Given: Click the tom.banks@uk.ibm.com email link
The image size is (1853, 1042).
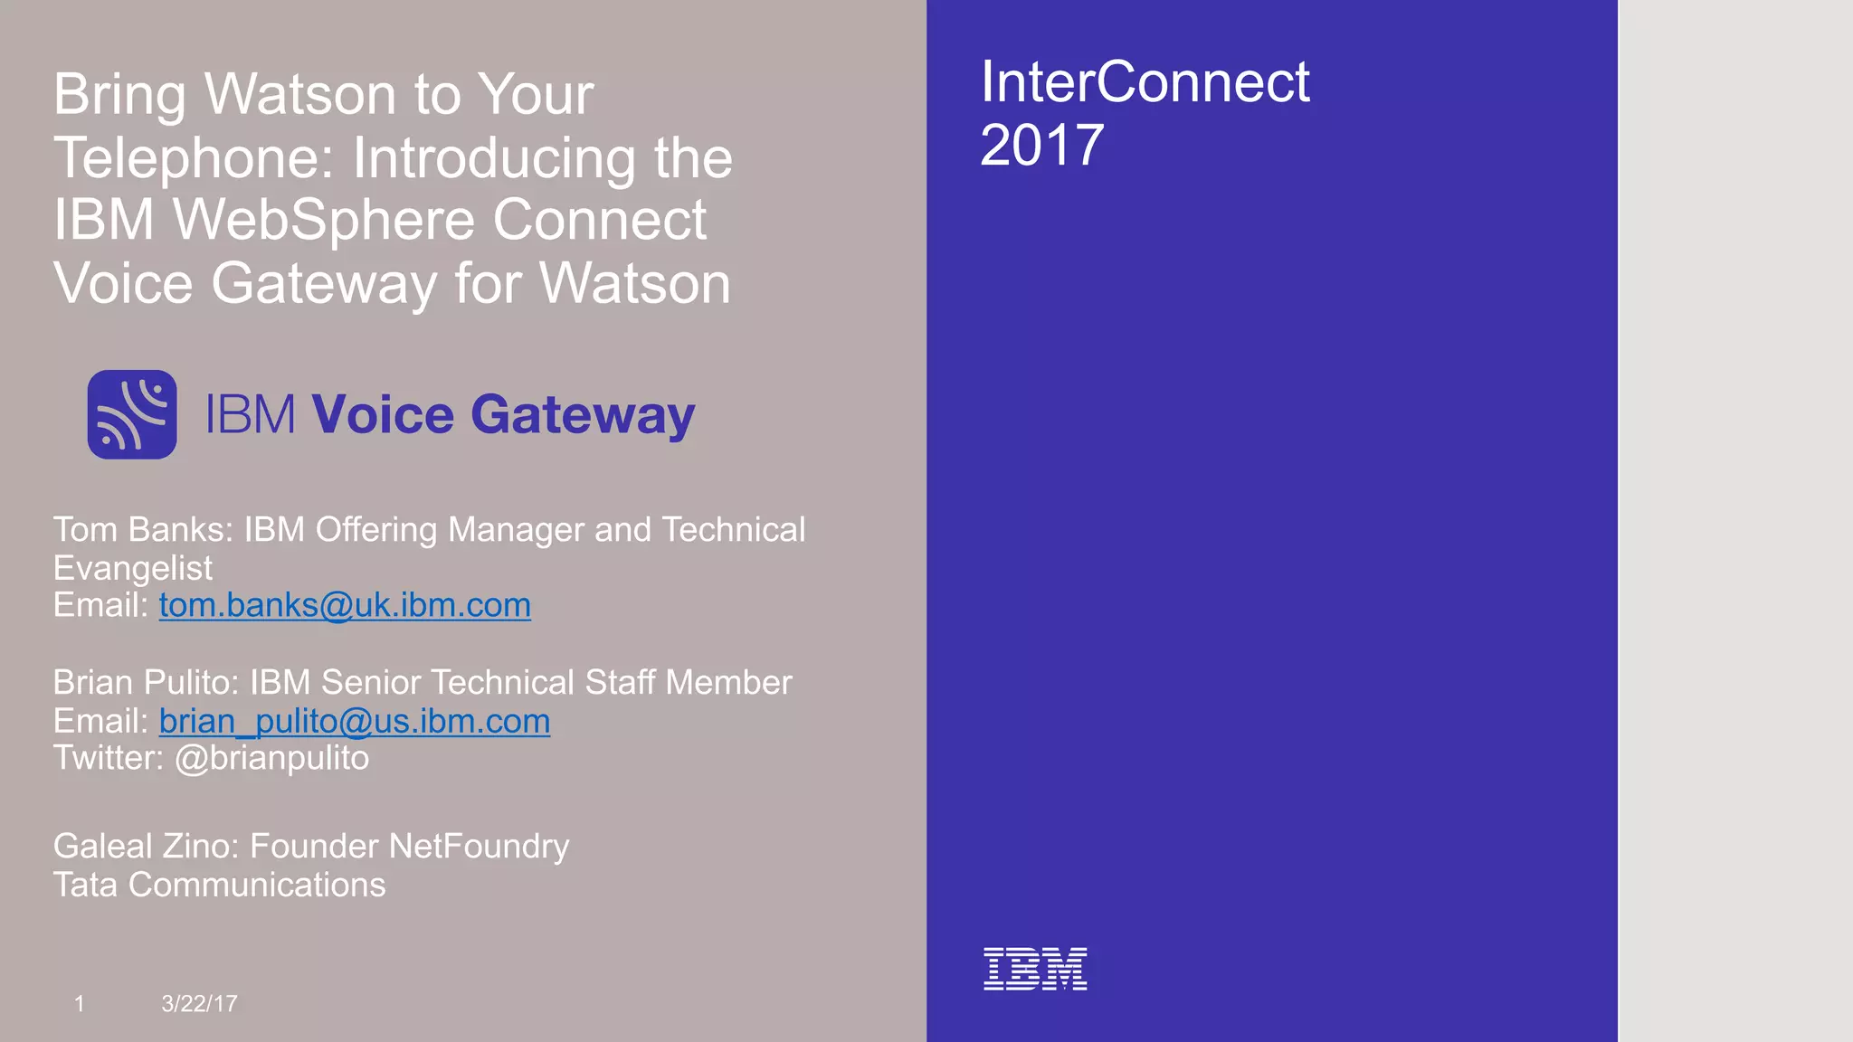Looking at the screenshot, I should coord(345,605).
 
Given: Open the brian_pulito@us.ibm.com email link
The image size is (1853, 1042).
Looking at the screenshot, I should coord(355,721).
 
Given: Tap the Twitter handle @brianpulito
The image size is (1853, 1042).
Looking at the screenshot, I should coord(271,758).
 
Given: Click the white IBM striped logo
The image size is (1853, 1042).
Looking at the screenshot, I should coord(1035,969).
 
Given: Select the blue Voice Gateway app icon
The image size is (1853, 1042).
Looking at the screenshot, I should coord(132,414).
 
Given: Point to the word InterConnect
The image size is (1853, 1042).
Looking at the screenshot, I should coord(1145,81).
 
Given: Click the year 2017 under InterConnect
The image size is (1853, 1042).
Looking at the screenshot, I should coord(1042,145).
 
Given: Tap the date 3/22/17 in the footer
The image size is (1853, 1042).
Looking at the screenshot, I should coord(199,1003).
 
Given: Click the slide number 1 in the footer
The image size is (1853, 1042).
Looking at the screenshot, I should coord(80,1003).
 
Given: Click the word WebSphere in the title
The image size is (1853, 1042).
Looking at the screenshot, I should coord(324,220).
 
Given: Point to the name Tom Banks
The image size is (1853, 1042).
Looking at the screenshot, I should coord(141,530).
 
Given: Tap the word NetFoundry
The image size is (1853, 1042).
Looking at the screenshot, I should coord(480,847).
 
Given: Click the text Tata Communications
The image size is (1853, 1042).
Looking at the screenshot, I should coord(219,885).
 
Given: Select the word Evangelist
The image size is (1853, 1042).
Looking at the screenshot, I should coord(133,568).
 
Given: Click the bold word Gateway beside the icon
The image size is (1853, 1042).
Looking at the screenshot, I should coord(582,415).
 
